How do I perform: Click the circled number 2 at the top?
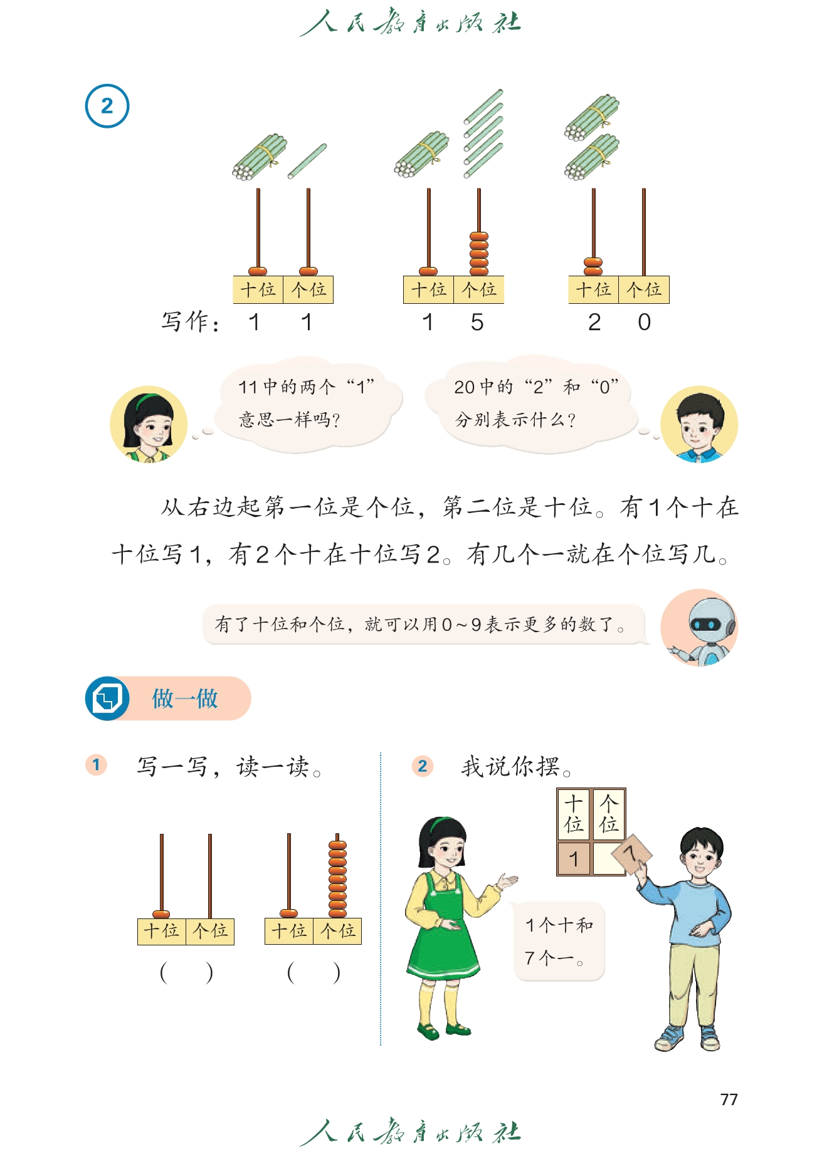point(107,106)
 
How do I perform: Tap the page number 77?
point(729,1099)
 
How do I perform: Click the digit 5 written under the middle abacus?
point(477,322)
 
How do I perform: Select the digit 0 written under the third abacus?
point(644,322)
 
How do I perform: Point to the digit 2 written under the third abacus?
point(594,322)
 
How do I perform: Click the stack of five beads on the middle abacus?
point(479,254)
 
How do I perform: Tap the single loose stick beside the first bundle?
point(307,162)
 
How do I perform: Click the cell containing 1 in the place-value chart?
point(574,858)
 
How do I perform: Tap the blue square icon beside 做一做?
point(107,698)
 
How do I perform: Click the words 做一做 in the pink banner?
point(185,698)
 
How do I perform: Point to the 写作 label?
point(190,322)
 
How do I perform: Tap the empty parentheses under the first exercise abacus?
point(186,973)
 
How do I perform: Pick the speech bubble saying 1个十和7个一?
point(559,942)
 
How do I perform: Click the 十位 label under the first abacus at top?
point(258,289)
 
